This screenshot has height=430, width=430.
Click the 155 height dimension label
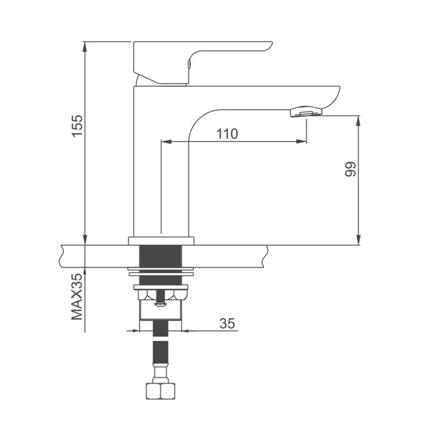pos(77,125)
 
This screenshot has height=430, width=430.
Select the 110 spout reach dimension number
pos(227,134)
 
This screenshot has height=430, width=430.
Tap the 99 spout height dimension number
pos(350,169)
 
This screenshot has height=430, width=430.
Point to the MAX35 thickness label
pos(77,296)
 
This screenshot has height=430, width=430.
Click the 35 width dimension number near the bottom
pos(227,323)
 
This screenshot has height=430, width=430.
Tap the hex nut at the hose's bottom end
pos(160,391)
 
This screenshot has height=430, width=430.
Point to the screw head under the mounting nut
pos(160,304)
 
